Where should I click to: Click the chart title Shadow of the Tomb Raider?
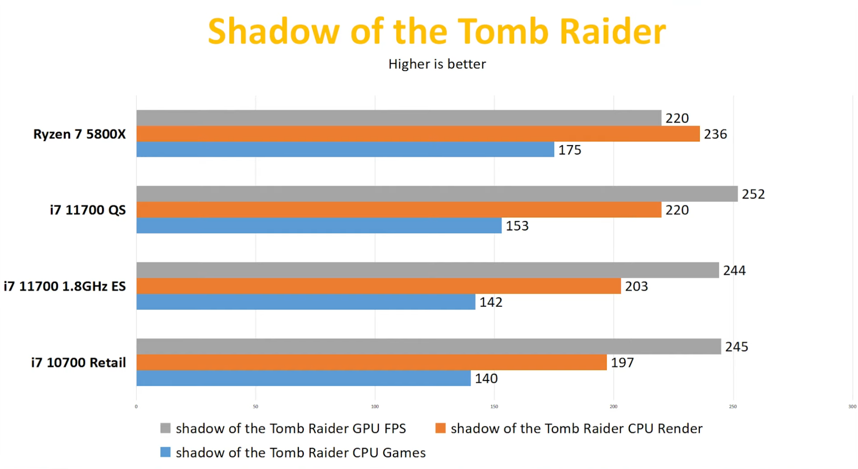coord(437,31)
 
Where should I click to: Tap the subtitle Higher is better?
coord(437,64)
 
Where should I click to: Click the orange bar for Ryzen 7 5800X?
coord(418,134)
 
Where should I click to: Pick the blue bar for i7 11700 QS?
coord(319,226)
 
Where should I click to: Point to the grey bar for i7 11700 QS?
coord(437,194)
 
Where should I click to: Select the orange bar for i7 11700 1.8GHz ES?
coord(379,286)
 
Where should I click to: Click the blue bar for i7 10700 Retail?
coord(303,378)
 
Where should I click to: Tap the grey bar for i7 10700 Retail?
coord(429,347)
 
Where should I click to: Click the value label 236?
coord(715,134)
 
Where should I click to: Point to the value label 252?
coord(753,194)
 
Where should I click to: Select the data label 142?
coord(491,302)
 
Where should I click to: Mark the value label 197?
coord(622,363)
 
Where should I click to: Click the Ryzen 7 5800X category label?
coord(80,134)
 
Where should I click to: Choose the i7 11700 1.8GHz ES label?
coord(65,286)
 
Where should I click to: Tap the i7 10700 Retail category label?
coord(78,363)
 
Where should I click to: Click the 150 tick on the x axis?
coord(494,406)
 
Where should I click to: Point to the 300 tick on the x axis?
coord(852,406)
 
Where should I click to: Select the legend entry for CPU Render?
coord(569,428)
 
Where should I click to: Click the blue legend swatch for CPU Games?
coord(165,452)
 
